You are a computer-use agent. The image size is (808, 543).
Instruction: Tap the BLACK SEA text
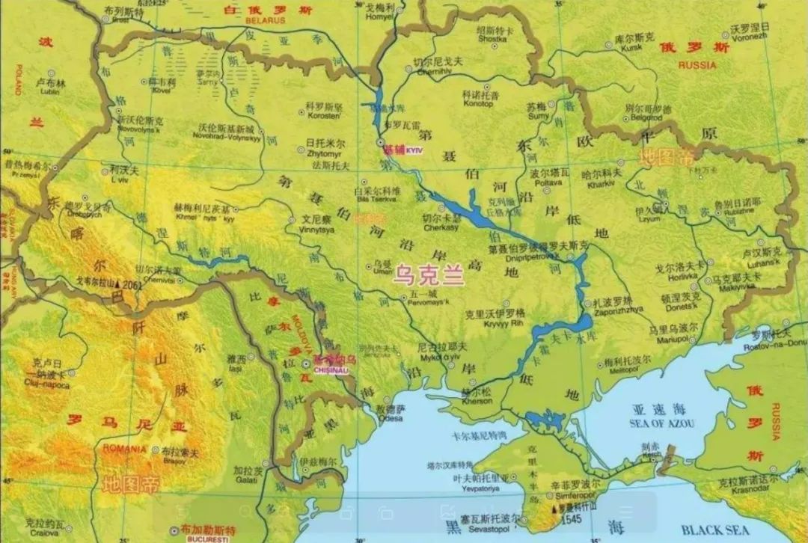[714, 530]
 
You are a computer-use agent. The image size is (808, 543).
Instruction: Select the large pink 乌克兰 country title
[429, 276]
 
